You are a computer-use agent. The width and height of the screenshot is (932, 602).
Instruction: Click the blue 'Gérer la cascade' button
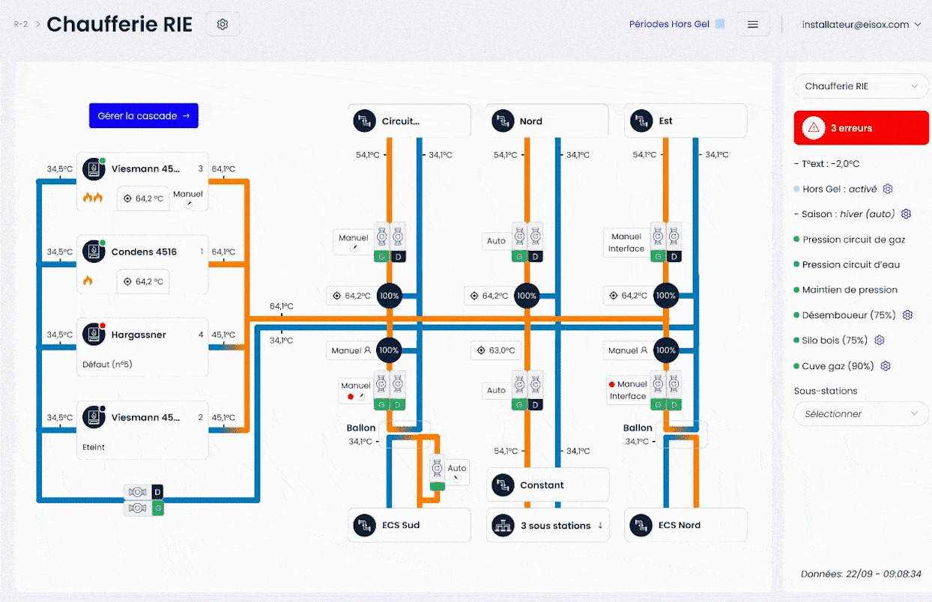(144, 115)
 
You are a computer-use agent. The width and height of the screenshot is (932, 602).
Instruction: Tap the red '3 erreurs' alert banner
(861, 127)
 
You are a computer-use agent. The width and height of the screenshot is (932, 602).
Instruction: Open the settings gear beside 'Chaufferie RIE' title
(223, 24)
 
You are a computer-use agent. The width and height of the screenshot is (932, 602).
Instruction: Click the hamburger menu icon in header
(753, 24)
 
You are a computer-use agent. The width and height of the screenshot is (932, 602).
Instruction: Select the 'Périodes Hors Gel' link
(669, 24)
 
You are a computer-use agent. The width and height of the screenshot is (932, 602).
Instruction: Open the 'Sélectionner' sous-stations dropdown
(861, 413)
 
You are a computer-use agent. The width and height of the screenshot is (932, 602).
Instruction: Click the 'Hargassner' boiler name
(139, 335)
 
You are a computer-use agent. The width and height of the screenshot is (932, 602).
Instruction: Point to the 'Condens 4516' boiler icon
(94, 252)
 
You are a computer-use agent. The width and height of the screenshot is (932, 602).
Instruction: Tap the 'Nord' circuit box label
(531, 121)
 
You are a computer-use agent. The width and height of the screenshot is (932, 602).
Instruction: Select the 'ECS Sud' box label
(401, 525)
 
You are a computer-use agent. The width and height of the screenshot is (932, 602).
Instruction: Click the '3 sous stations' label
(555, 526)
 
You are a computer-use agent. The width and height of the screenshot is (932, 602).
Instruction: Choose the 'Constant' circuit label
(542, 485)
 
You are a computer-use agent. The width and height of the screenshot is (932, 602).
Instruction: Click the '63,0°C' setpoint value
(502, 350)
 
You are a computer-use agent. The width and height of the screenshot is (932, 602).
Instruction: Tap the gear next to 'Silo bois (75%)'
(879, 340)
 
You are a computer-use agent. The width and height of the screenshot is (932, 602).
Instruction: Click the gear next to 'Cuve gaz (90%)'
(886, 366)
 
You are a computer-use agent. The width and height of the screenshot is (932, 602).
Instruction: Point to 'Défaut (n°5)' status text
(107, 364)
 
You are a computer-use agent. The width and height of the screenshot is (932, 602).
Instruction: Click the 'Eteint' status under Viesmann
(94, 447)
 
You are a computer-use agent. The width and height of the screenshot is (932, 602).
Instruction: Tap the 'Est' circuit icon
(641, 121)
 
